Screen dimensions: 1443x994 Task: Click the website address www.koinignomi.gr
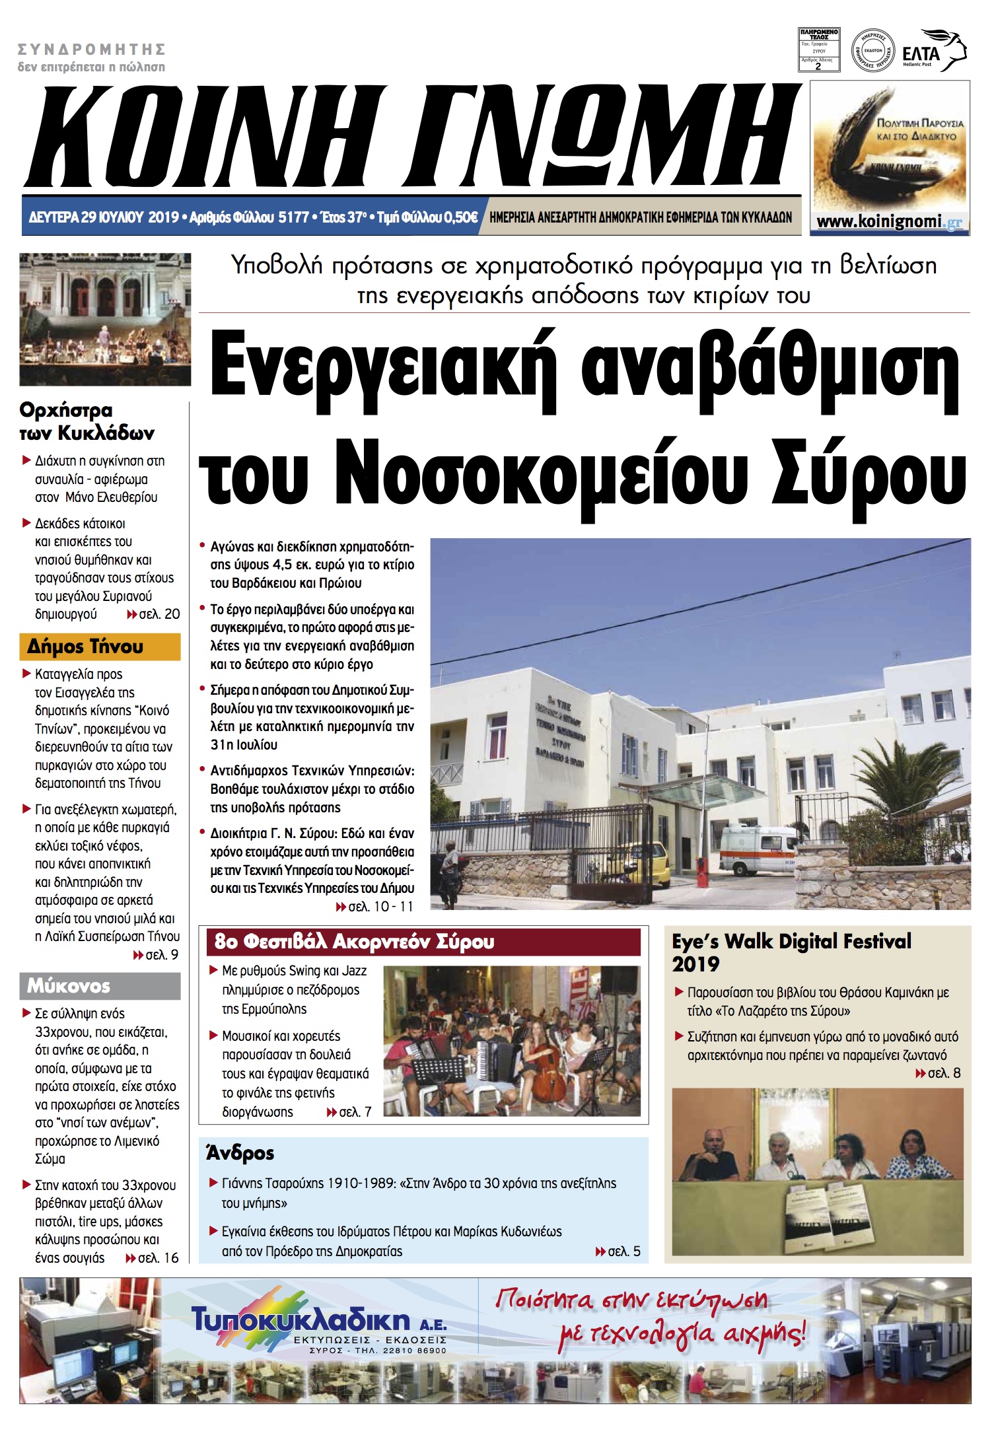[889, 222]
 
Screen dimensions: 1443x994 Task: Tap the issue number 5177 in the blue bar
[293, 217]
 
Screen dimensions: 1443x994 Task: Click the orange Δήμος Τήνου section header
[100, 647]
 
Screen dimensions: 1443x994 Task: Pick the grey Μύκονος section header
[100, 986]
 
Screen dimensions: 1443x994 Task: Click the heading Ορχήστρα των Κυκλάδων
[86, 421]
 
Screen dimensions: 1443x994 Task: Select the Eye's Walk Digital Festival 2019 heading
[791, 952]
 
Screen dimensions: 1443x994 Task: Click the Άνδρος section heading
[240, 1153]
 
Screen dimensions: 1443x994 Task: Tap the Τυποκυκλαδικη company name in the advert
[301, 1320]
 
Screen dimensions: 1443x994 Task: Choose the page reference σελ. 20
[159, 614]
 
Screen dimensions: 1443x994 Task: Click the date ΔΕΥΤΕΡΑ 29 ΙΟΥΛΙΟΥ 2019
[104, 217]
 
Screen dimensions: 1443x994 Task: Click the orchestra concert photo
[105, 319]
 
